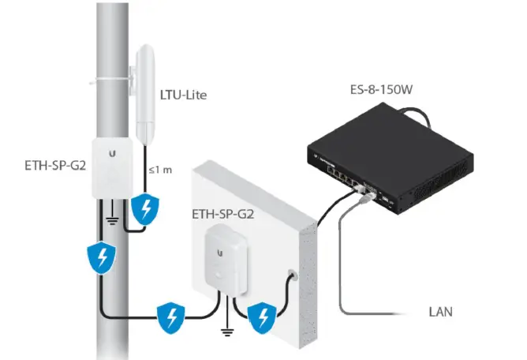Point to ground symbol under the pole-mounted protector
(113, 219)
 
